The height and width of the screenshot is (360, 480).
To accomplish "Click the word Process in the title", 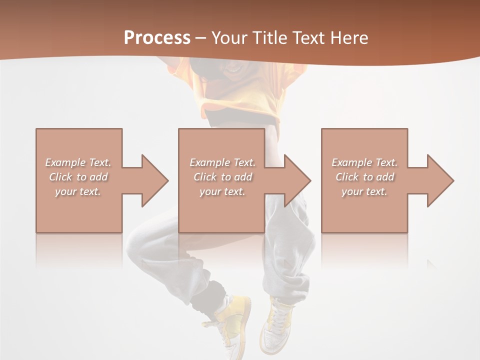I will (x=157, y=37).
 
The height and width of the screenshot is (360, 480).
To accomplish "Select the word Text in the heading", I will (x=308, y=38).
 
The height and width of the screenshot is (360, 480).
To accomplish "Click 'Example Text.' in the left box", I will (x=78, y=162).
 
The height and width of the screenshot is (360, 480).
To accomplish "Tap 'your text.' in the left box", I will (x=78, y=191).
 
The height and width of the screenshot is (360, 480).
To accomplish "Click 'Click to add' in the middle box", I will (x=222, y=177).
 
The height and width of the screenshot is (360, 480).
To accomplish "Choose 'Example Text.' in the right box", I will (x=364, y=162).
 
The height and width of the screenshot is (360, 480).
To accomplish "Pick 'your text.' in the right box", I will (x=364, y=191).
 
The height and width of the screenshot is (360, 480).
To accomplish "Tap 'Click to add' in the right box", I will (x=364, y=177).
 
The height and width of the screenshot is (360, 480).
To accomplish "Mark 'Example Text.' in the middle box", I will (x=222, y=162).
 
